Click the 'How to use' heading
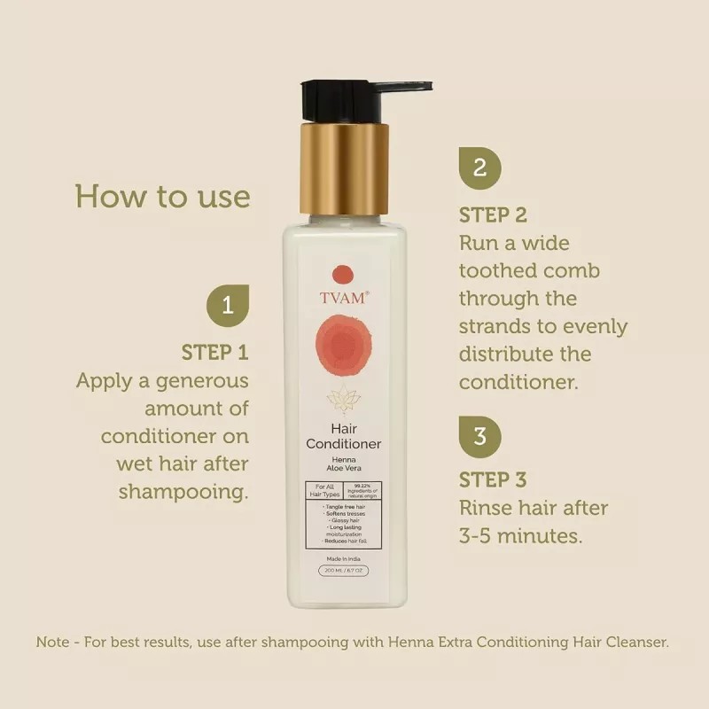(x=162, y=195)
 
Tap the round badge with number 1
(x=227, y=307)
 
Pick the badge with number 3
(x=479, y=436)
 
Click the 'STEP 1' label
(x=214, y=353)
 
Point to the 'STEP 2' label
(x=494, y=214)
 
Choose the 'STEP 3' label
(x=494, y=480)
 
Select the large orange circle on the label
(x=342, y=347)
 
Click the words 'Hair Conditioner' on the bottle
(x=343, y=434)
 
